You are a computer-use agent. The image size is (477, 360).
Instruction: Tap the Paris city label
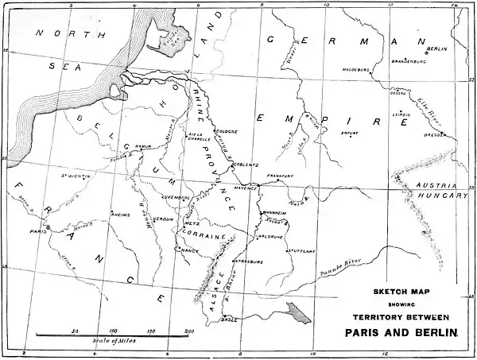tap(35, 231)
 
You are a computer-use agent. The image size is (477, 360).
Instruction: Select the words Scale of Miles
tap(112, 341)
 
